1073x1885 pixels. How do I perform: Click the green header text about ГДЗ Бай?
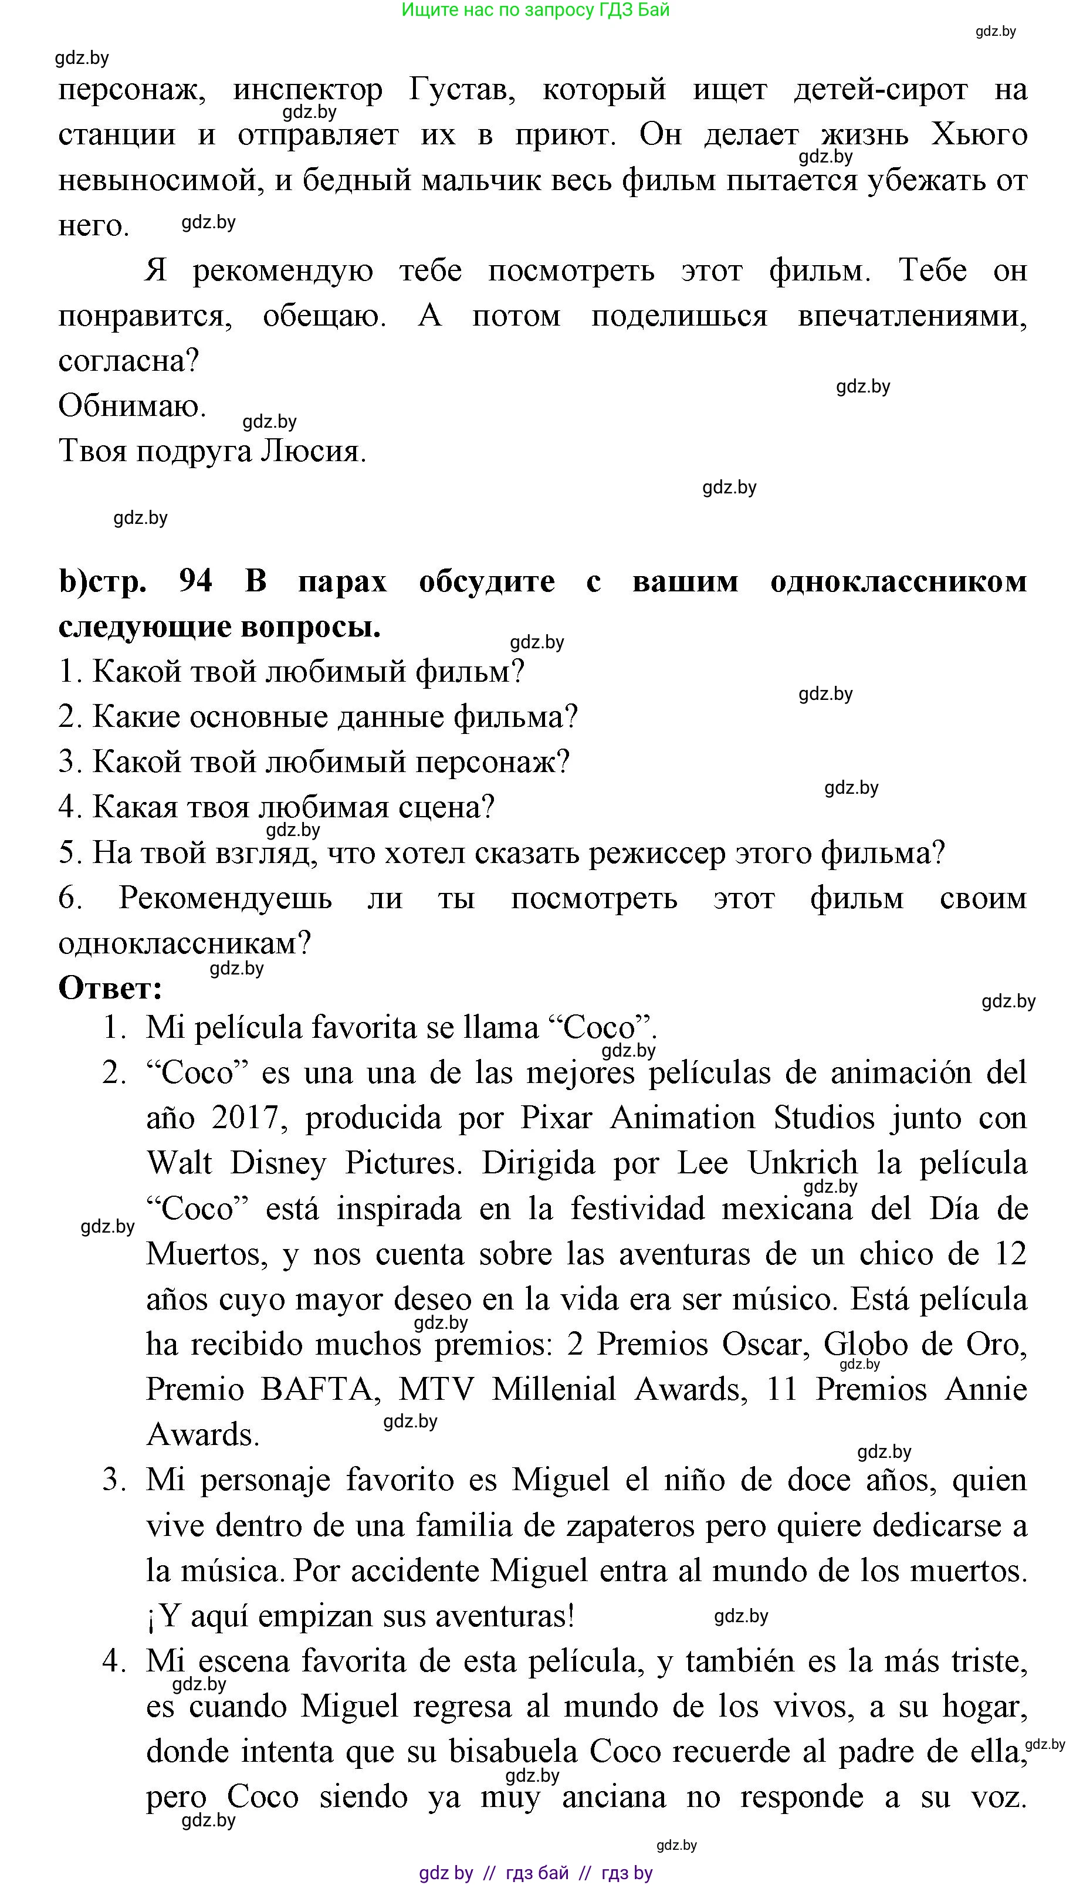coord(536,11)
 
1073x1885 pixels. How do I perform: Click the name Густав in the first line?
coord(462,90)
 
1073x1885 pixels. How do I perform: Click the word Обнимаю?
coord(133,406)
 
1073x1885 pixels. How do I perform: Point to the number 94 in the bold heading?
coord(195,581)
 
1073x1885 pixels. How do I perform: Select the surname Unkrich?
coord(803,1163)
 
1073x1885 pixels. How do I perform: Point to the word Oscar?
coord(761,1345)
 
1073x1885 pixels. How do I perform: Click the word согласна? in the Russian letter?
coord(129,361)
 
